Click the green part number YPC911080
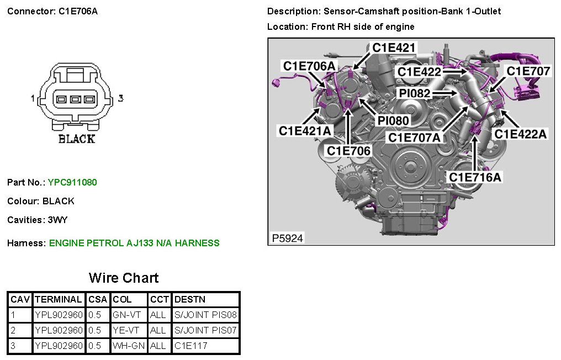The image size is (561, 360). click(72, 182)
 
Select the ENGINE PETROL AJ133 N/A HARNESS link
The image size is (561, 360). click(134, 243)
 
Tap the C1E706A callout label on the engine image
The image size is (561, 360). click(309, 66)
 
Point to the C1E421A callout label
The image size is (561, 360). click(305, 131)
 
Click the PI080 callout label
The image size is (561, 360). click(393, 120)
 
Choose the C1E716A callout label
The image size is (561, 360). click(475, 177)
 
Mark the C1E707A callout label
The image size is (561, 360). click(415, 137)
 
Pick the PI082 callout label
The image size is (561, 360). click(415, 93)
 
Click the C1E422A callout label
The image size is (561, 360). click(520, 134)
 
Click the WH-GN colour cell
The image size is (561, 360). click(129, 346)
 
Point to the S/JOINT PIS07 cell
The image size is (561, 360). click(205, 331)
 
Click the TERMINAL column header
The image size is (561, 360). click(59, 300)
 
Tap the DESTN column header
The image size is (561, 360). click(189, 300)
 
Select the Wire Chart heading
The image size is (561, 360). click(124, 278)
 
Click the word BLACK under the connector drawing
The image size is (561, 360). click(77, 139)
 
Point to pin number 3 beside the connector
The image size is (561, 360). click(120, 99)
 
